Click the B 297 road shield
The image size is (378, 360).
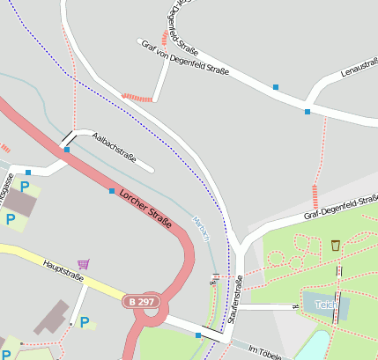pyautogui.click(x=140, y=302)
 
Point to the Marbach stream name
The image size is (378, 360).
pyautogui.click(x=203, y=231)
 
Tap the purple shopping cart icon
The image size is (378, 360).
pyautogui.click(x=83, y=263)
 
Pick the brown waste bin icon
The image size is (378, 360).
pyautogui.click(x=336, y=244)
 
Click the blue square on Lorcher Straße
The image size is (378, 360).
pyautogui.click(x=111, y=191)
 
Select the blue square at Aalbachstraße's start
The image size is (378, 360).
pyautogui.click(x=67, y=150)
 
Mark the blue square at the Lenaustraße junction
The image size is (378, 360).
pyautogui.click(x=307, y=111)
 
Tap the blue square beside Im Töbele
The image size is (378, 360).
pyautogui.click(x=198, y=335)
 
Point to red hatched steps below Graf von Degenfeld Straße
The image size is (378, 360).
pyautogui.click(x=137, y=98)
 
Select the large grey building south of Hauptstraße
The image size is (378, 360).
pyautogui.click(x=52, y=316)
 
